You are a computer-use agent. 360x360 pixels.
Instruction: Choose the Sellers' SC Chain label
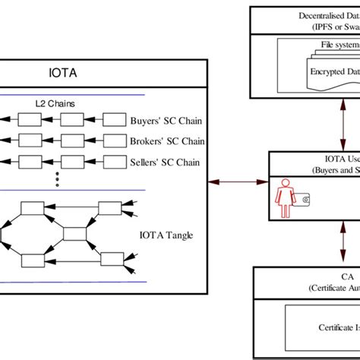[x=163, y=161]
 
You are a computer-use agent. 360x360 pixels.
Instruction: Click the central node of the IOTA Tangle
[x=76, y=234]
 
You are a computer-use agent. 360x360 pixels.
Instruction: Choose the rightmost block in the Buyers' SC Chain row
[x=113, y=120]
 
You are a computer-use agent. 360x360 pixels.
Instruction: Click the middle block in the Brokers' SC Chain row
[x=71, y=141]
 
